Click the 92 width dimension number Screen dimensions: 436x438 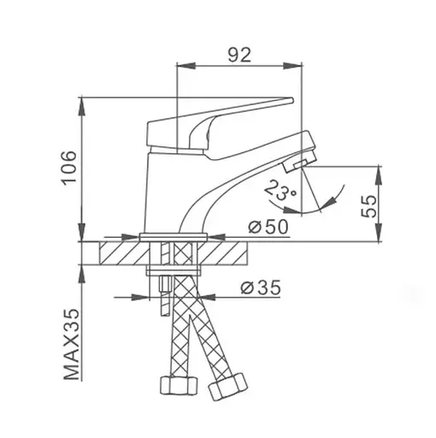point(239,55)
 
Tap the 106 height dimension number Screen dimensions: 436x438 point(70,168)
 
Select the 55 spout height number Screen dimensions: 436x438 point(368,206)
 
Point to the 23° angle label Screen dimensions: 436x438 point(280,190)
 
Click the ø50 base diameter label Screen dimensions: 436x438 point(268,227)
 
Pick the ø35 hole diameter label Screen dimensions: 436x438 point(261,287)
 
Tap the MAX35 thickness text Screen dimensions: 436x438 point(71,344)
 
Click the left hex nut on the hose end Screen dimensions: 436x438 point(179,385)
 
